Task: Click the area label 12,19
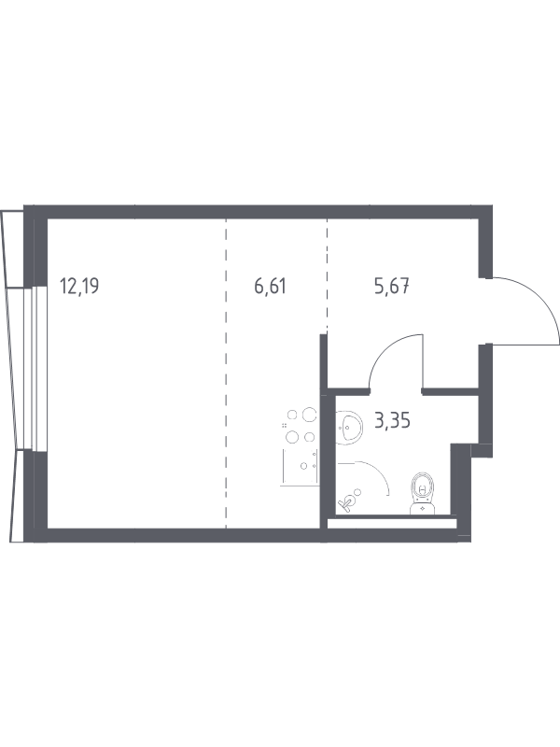coord(79,287)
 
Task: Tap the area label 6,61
coord(270,287)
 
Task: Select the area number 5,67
coord(392,287)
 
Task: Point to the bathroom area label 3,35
coord(392,421)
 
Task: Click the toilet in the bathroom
coord(423,493)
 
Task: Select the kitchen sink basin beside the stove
coord(301,465)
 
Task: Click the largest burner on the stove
coord(310,415)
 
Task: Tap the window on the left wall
coord(35,368)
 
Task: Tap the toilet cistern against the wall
coord(423,508)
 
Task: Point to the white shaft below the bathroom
coord(392,524)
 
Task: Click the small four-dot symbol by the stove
coord(285,426)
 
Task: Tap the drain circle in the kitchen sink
coord(303,466)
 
